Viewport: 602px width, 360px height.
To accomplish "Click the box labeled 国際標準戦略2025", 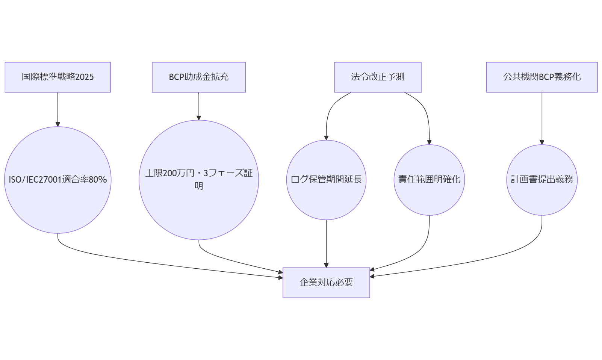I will pyautogui.click(x=57, y=77).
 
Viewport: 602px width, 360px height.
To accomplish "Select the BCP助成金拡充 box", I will pyautogui.click(x=198, y=77).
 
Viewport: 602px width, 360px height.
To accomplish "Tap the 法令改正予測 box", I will pyautogui.click(x=378, y=77).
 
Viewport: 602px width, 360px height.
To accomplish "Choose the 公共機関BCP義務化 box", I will pyautogui.click(x=541, y=77).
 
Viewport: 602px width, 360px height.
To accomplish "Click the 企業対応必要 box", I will pyautogui.click(x=326, y=283).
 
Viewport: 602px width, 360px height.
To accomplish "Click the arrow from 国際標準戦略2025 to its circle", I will pyautogui.click(x=58, y=109).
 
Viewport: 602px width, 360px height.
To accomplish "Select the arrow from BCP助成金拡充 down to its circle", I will pyautogui.click(x=199, y=106).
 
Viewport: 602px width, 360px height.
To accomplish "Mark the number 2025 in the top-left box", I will pyautogui.click(x=85, y=77).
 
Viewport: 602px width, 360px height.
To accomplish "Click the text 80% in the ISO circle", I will pyautogui.click(x=98, y=180).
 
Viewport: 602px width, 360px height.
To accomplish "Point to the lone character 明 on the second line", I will pyautogui.click(x=199, y=186).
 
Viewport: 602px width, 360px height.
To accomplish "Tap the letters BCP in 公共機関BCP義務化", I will pyautogui.click(x=547, y=77).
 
